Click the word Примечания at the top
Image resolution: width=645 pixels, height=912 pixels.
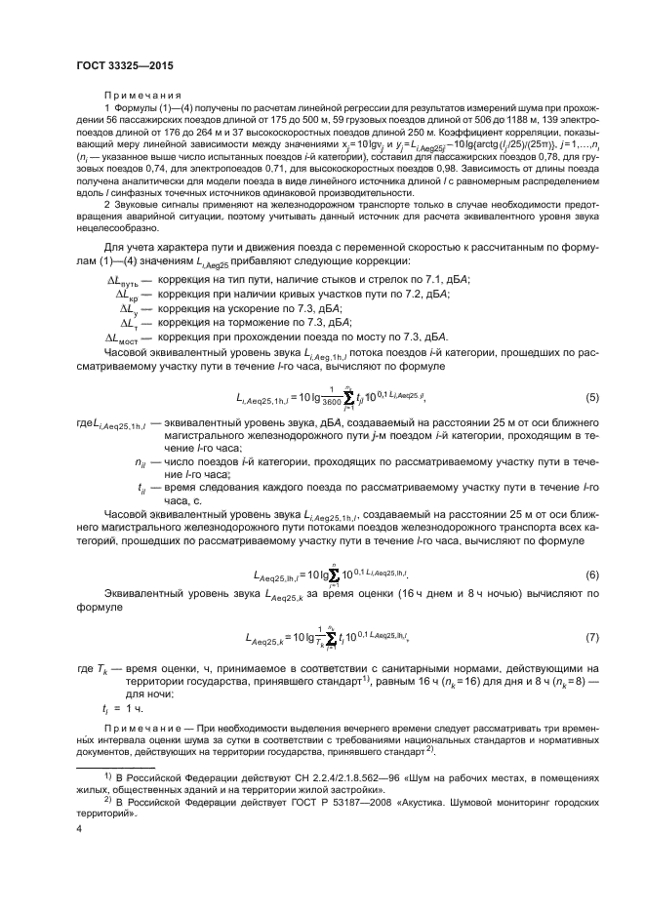(134, 96)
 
